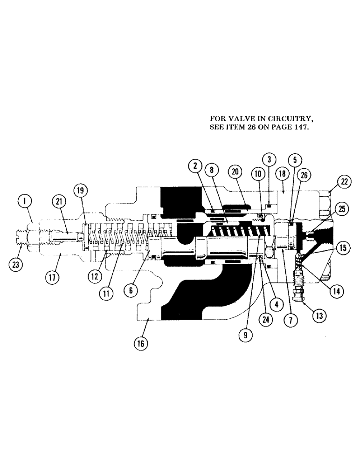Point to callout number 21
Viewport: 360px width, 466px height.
point(59,201)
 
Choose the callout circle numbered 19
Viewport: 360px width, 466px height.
point(80,191)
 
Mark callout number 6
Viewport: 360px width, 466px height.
point(131,289)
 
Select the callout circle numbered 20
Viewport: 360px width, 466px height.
point(235,171)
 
